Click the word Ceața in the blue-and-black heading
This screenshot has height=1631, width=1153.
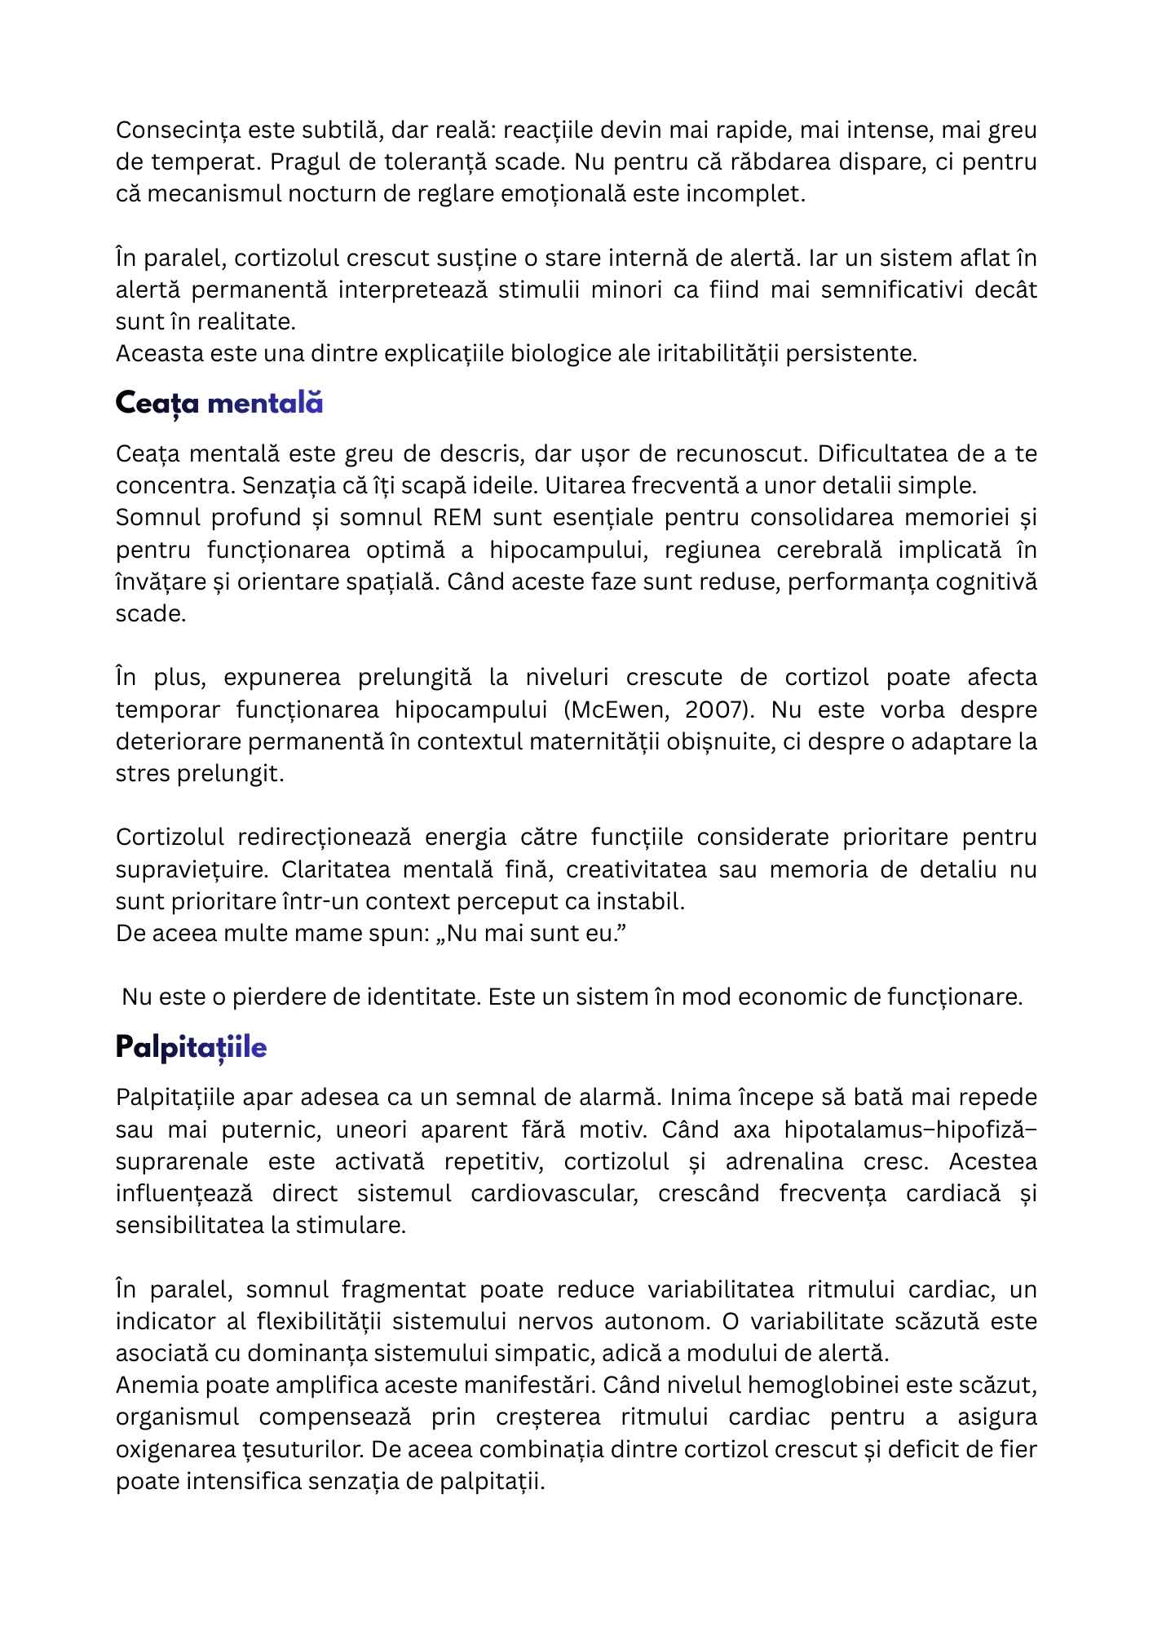coord(157,404)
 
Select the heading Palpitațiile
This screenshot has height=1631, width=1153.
coord(191,1048)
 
